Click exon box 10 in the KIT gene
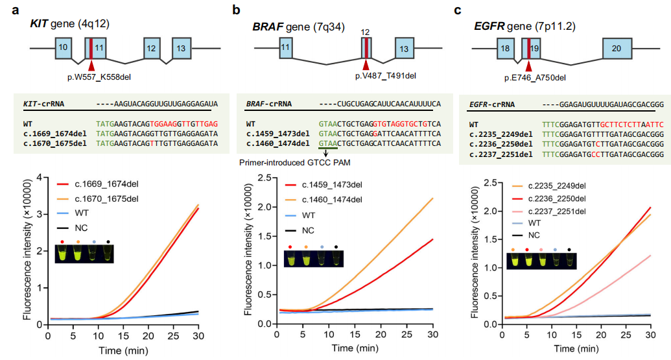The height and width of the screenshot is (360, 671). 63,48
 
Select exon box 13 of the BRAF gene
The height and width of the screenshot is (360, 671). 404,49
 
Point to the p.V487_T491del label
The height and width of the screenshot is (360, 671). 385,76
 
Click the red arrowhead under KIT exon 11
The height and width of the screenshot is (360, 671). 91,65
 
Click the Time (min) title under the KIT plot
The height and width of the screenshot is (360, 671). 123,350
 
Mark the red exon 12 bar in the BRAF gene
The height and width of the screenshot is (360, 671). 366,49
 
